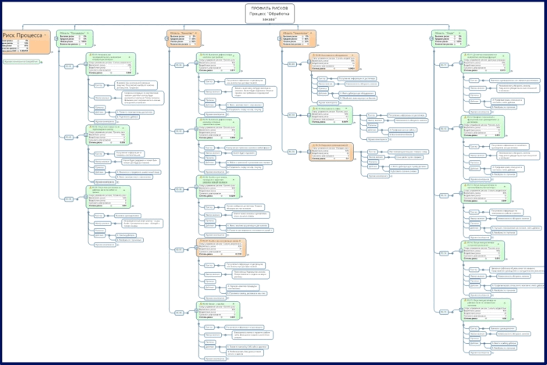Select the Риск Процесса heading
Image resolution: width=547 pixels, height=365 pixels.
tap(23, 35)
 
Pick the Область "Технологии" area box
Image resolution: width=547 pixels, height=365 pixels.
tap(298, 39)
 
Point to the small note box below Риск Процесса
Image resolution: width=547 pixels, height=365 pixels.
tap(21, 60)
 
